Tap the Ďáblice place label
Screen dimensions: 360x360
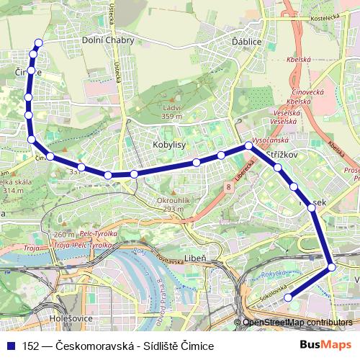point(246,42)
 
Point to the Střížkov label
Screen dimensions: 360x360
point(282,156)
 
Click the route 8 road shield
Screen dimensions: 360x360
point(229,186)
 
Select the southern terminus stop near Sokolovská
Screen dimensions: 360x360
point(287,297)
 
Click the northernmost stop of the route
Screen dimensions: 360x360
point(38,43)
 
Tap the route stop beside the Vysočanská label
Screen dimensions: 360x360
point(248,145)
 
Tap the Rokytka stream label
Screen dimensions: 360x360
point(274,274)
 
